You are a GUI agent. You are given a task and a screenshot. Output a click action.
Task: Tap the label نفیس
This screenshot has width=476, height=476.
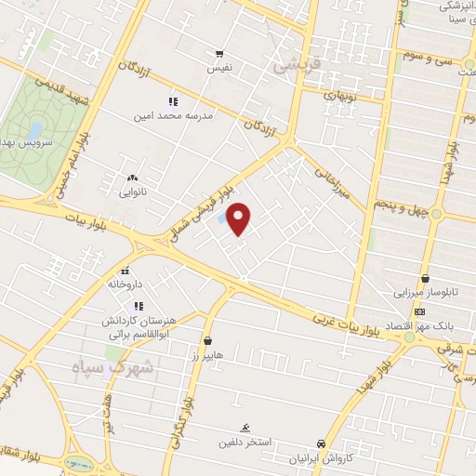[x=219, y=68]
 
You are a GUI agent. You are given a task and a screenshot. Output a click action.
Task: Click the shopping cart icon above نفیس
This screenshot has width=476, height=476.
[x=219, y=54]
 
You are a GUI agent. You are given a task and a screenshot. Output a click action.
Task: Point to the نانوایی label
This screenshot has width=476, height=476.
[x=132, y=192]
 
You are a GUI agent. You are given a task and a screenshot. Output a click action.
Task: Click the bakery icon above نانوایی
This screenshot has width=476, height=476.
[x=132, y=177]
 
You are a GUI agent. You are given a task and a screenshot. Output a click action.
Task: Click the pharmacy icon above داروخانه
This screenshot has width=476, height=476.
[x=125, y=270]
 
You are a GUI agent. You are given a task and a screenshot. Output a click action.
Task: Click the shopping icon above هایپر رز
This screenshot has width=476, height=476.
[x=206, y=340]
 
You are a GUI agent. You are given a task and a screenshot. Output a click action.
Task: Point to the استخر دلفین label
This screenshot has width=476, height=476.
[x=244, y=442]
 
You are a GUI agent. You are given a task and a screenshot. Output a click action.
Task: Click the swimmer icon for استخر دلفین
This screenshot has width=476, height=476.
[x=244, y=428]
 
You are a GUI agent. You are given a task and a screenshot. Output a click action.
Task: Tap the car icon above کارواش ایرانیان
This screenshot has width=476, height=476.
[x=322, y=443]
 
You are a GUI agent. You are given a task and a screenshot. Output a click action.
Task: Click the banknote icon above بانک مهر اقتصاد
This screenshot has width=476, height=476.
[x=420, y=311]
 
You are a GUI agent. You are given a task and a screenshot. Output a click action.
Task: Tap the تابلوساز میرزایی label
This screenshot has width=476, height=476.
[x=423, y=291]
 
